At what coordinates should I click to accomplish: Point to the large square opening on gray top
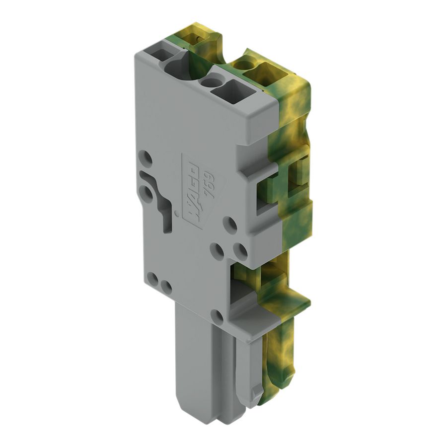[x=227, y=92]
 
